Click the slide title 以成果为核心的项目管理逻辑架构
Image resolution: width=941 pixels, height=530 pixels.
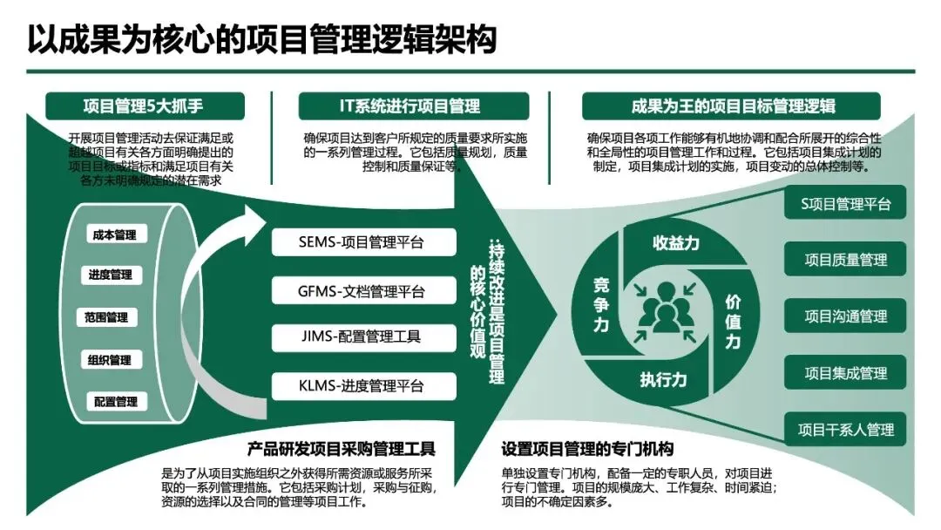(x=261, y=39)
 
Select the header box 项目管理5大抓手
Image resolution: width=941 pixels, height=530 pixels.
(x=143, y=106)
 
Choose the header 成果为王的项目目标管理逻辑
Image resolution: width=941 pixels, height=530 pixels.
(x=732, y=106)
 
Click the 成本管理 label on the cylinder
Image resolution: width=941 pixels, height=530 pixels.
(x=114, y=234)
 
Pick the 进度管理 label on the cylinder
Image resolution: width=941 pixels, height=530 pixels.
(x=110, y=275)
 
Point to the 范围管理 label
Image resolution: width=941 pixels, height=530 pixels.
(x=106, y=317)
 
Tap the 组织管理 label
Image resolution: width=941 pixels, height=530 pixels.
(x=109, y=360)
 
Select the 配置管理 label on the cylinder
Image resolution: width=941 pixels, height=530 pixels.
(x=116, y=402)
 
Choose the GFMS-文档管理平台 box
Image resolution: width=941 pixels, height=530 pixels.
(x=363, y=289)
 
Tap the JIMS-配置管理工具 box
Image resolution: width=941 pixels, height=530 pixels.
(x=363, y=336)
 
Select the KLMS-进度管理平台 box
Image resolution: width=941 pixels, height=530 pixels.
(x=363, y=384)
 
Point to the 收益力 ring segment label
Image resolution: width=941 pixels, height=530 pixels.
(x=676, y=243)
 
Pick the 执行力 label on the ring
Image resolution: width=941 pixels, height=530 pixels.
(x=664, y=379)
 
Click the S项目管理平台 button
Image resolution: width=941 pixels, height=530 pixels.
(x=845, y=204)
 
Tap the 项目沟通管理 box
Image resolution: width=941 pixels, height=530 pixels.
(x=845, y=316)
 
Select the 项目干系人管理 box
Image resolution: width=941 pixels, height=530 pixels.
(x=845, y=430)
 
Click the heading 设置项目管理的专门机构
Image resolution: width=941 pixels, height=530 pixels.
(x=587, y=450)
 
